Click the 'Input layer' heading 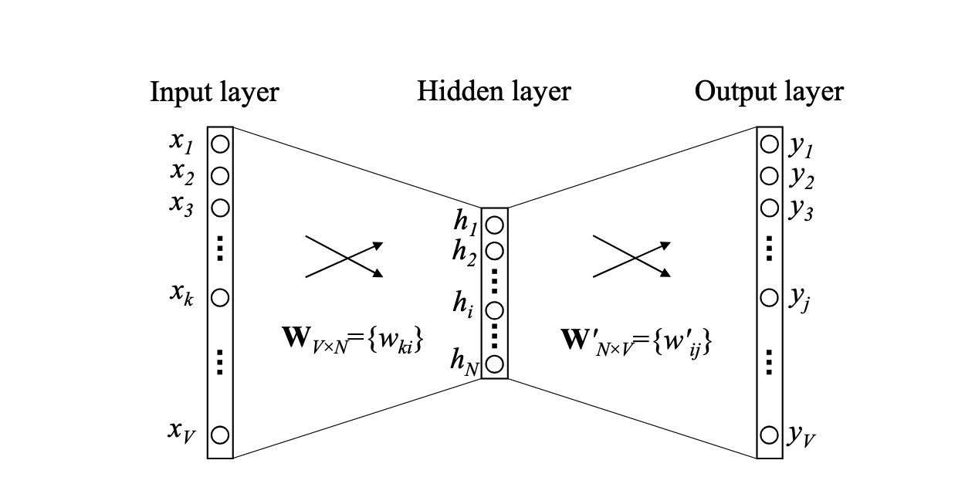click(214, 93)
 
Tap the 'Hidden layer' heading click(494, 92)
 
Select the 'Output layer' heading click(769, 92)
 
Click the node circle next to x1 click(220, 144)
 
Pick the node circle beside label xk click(220, 297)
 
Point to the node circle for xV click(220, 435)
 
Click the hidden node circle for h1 click(495, 225)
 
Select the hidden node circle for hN click(495, 363)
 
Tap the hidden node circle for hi click(495, 310)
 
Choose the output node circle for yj click(769, 297)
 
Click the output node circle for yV click(769, 435)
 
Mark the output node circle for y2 click(769, 176)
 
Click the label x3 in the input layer click(181, 207)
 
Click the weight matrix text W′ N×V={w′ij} click(635, 341)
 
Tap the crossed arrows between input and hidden click(344, 256)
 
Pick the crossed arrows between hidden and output click(631, 256)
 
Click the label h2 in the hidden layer click(466, 252)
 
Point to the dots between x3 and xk click(220, 249)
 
